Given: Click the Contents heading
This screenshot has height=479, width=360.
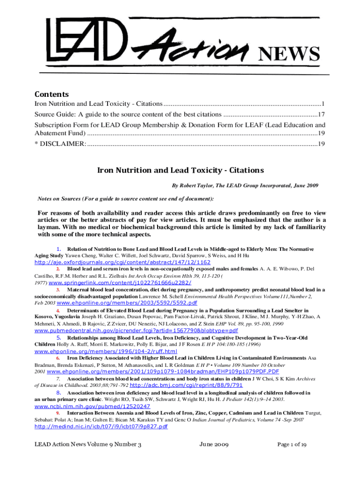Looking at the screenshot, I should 51,94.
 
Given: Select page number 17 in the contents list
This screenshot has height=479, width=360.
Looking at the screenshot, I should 321,115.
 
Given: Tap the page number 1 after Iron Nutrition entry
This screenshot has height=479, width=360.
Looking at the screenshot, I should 323,103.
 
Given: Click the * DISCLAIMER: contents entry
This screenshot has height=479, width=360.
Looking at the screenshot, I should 60,144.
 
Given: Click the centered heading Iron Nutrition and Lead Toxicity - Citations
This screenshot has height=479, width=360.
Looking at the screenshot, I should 180,170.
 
